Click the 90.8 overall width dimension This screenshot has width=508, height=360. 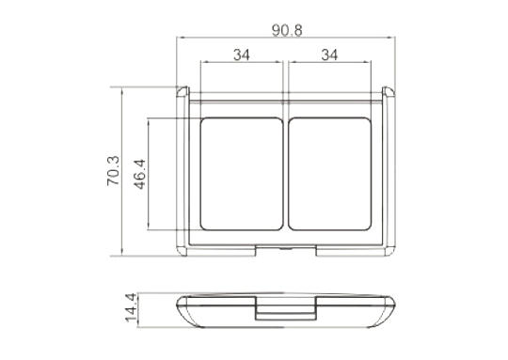coord(287,30)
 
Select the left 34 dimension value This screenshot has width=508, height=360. coord(242,55)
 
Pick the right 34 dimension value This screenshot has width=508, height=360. coord(329,55)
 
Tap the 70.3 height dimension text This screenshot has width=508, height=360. coord(113,171)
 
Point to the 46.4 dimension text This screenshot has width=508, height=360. coord(140,174)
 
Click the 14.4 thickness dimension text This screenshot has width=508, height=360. coord(131,307)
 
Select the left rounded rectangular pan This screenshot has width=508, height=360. coord(242,174)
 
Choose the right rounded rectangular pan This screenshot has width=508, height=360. coord(329,174)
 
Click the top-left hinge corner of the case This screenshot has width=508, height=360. coord(183,91)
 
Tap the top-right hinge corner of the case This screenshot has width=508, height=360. coord(389,91)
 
